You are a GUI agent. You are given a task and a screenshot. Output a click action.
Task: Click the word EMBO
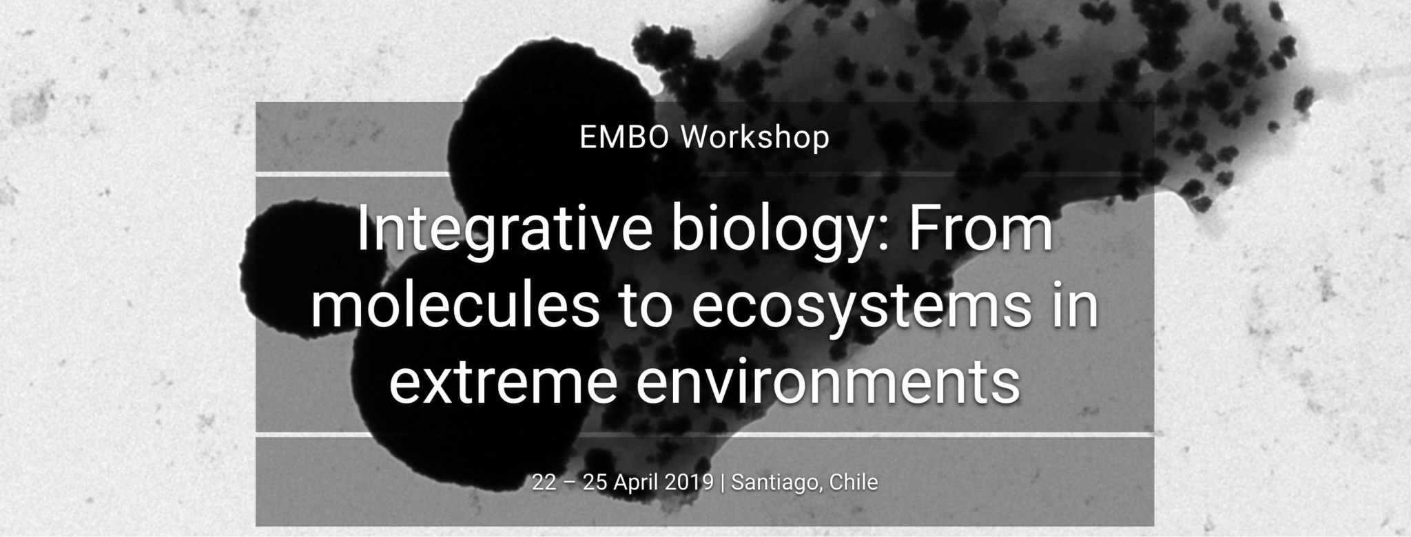(x=624, y=137)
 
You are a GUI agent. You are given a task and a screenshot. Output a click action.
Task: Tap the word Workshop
(x=755, y=137)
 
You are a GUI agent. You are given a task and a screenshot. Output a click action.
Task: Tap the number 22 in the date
(x=544, y=482)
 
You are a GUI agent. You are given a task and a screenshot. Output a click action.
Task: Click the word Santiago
(x=776, y=482)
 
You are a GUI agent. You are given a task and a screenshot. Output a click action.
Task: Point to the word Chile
(x=854, y=482)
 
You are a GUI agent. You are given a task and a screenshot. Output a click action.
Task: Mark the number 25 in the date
(x=594, y=482)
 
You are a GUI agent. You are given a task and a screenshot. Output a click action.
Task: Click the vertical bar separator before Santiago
(x=722, y=482)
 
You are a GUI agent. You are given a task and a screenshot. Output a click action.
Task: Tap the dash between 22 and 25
(x=569, y=482)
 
